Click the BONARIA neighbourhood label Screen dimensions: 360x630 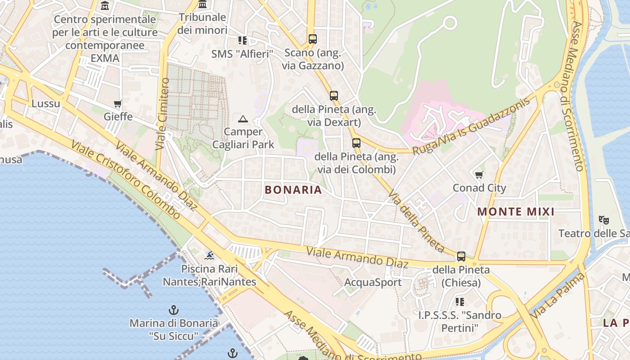tap(293, 190)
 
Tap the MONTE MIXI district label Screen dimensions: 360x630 tap(516, 211)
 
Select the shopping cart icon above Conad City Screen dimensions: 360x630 tap(479, 175)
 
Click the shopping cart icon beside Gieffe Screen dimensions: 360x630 tap(118, 104)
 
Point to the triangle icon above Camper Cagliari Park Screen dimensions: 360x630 tap(243, 119)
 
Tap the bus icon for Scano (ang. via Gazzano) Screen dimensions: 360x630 tap(313, 39)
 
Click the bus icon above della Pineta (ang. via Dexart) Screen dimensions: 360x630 tap(333, 96)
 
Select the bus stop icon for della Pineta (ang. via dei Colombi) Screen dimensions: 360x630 tap(356, 143)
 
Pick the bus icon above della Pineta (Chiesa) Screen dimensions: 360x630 tap(461, 256)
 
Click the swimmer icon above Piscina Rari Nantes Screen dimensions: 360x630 tap(209, 256)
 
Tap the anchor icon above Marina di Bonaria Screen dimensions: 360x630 tap(174, 310)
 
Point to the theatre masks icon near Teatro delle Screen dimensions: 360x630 tap(603, 220)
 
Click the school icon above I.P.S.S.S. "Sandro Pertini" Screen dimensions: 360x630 tap(459, 301)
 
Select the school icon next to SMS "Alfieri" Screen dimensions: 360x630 tap(243, 41)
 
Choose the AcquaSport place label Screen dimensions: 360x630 tap(373, 283)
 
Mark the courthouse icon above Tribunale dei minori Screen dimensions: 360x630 tap(202, 4)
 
